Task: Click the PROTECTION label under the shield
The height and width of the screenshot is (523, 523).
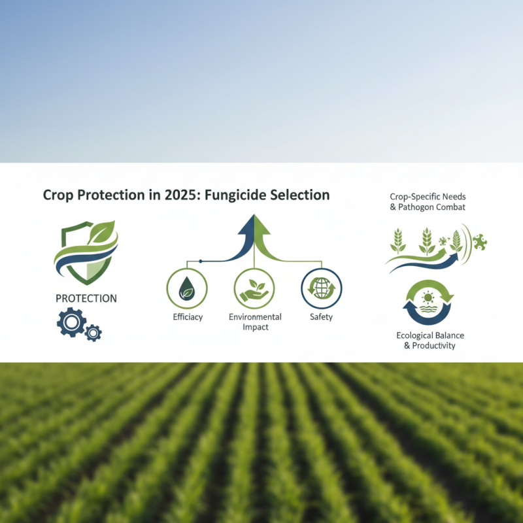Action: coord(86,298)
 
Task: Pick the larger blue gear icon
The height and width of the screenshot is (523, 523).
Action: coord(71,322)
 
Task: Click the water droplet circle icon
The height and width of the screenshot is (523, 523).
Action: coord(188,288)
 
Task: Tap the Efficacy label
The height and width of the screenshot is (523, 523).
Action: coord(188,317)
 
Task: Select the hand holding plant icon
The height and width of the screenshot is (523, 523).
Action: coord(254,288)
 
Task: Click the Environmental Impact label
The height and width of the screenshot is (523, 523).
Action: coord(255,322)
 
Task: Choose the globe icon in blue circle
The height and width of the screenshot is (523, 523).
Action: coord(321,288)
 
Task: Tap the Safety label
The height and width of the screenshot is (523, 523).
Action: coord(321,317)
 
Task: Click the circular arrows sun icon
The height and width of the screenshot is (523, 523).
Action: coord(428,302)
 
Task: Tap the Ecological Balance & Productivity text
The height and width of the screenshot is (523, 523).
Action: coord(429,340)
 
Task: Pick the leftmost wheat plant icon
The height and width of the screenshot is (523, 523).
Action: coord(397,241)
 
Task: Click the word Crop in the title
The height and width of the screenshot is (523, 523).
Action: coord(58,195)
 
